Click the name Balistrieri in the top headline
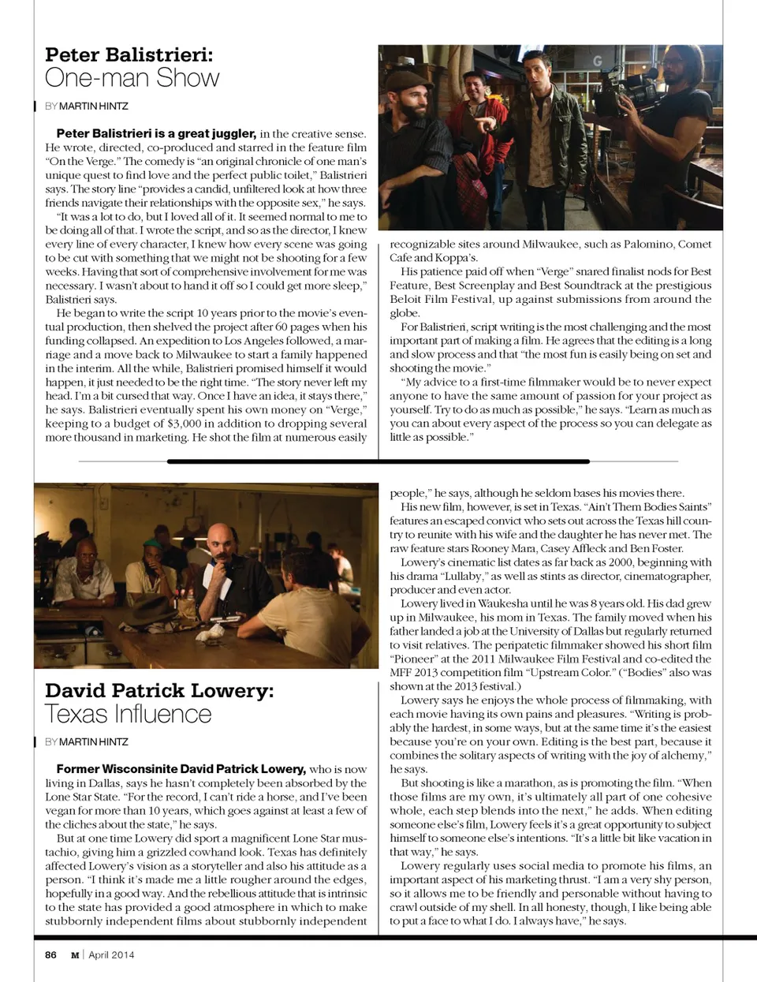(158, 55)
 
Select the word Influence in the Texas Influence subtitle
(162, 714)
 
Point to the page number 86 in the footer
(50, 954)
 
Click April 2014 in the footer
(111, 954)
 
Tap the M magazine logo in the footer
(75, 954)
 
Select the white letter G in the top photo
(597, 61)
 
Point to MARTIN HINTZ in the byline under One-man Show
(93, 106)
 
